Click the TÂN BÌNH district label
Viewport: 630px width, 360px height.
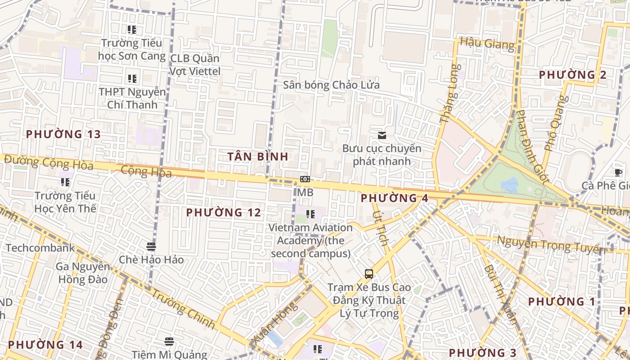click(257, 157)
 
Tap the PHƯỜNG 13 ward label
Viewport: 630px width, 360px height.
click(63, 134)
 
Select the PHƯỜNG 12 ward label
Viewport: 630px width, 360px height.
click(224, 212)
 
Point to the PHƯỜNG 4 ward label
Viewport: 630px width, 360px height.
click(394, 198)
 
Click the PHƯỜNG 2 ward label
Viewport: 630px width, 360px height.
click(572, 75)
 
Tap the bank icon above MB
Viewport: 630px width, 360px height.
click(305, 179)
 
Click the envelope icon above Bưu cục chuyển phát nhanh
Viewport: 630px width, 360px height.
click(382, 135)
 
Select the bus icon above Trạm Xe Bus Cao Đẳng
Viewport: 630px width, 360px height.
click(369, 274)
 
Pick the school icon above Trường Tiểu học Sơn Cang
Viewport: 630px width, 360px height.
click(132, 30)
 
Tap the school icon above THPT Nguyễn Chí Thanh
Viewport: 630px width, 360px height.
click(132, 79)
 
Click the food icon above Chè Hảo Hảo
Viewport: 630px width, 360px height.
click(151, 247)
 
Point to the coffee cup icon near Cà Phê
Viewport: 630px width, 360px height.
click(618, 172)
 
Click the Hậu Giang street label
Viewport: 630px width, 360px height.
click(487, 44)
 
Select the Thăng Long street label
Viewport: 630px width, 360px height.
click(450, 94)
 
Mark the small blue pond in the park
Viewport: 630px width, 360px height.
click(509, 184)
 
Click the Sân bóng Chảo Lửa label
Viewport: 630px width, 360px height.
click(331, 85)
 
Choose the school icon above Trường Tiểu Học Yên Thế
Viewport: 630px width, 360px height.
click(65, 182)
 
